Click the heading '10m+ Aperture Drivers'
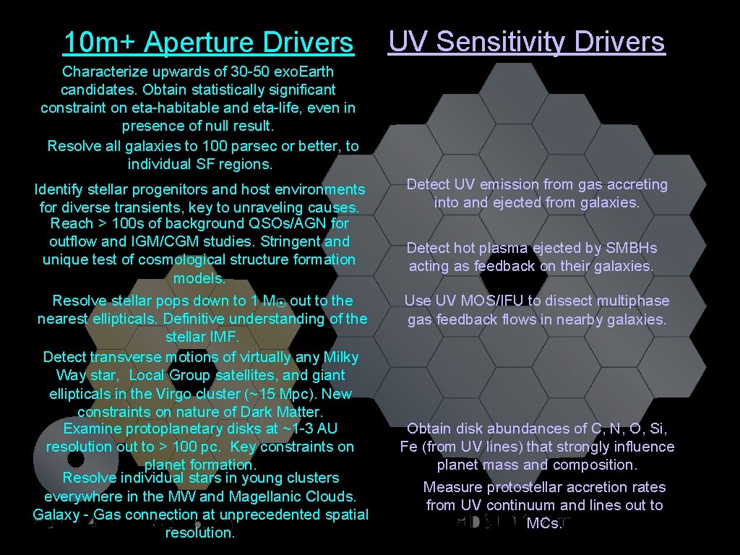point(208,43)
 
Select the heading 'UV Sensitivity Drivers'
point(526,42)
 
